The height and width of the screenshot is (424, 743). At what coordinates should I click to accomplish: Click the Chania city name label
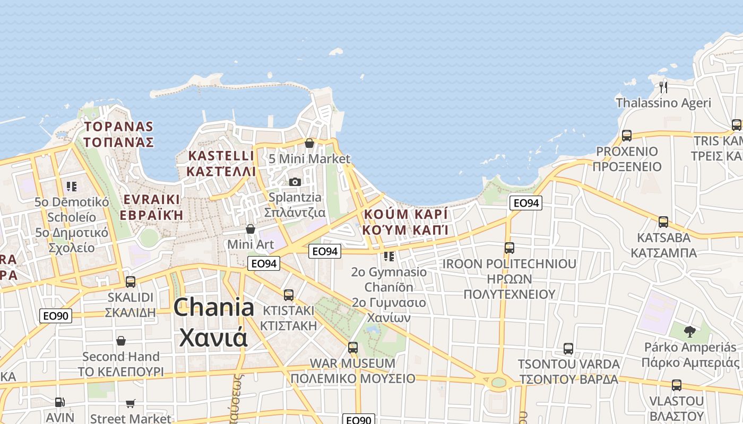[x=213, y=322]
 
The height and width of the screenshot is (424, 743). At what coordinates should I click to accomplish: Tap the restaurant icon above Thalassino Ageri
[x=663, y=86]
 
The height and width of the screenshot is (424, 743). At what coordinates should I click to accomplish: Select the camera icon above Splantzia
[x=295, y=182]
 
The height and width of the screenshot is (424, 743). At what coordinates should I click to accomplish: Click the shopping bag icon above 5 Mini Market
[x=309, y=143]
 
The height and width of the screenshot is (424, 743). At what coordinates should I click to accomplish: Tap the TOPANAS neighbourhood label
[x=119, y=135]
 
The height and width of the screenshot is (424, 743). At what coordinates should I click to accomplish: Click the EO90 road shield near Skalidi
[x=56, y=316]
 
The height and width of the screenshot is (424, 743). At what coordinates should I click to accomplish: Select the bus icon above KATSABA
[x=663, y=222]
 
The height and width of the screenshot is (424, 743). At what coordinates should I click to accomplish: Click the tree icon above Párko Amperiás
[x=689, y=332]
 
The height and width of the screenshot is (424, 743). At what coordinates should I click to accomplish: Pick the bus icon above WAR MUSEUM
[x=353, y=348]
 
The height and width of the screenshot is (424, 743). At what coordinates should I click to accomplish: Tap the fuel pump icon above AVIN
[x=60, y=403]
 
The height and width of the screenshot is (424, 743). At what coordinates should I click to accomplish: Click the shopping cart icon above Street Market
[x=131, y=403]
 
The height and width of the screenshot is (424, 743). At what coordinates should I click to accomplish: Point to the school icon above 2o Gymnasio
[x=389, y=257]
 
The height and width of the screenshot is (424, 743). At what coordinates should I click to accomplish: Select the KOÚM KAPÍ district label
[x=406, y=222]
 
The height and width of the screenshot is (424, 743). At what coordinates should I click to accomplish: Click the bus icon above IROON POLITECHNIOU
[x=509, y=248]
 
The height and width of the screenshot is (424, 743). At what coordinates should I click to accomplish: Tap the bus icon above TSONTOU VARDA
[x=568, y=349]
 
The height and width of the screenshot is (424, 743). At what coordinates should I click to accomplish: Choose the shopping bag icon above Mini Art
[x=250, y=229]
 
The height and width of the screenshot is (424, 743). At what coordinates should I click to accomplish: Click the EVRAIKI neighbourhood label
[x=152, y=207]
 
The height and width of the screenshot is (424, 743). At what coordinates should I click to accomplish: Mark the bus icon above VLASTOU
[x=677, y=385]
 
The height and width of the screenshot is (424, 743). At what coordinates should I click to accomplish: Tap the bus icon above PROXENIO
[x=627, y=135]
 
